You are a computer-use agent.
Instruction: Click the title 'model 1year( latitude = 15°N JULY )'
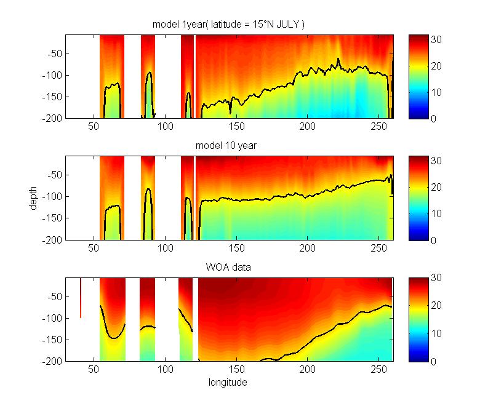[229, 24]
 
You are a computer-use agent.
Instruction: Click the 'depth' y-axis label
[34, 198]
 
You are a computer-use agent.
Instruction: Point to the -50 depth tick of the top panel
[54, 54]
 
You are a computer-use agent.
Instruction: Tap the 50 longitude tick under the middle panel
[94, 249]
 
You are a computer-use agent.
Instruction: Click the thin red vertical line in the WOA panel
[81, 298]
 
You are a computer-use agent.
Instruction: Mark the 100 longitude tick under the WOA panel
[165, 370]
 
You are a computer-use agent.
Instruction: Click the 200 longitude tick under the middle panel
[307, 249]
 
